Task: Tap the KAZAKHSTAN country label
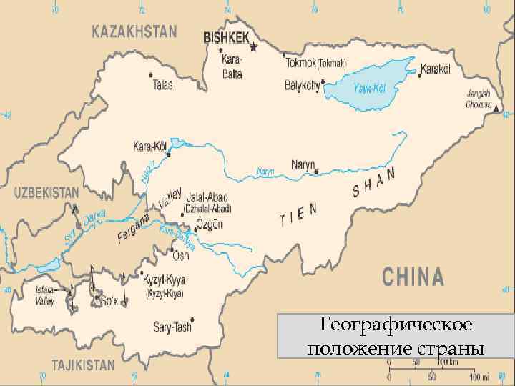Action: [x=134, y=31]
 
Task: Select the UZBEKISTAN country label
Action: [x=46, y=192]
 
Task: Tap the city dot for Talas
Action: [x=149, y=74]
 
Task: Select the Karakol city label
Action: [x=436, y=69]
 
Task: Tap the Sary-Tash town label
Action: [x=173, y=327]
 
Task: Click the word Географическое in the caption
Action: [x=396, y=326]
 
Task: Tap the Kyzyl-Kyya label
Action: [x=164, y=278]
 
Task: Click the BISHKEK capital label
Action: [x=226, y=35]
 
